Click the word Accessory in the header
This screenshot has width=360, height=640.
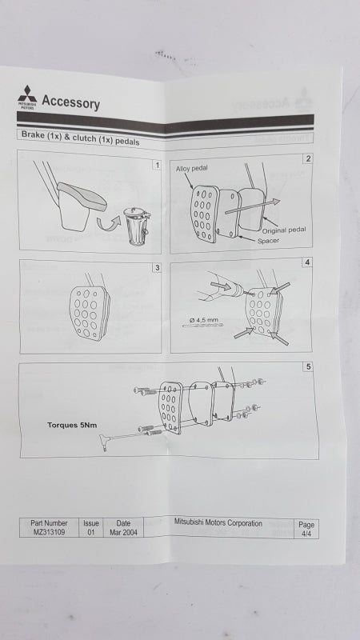click(70, 102)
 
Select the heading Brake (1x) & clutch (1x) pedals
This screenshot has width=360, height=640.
click(81, 138)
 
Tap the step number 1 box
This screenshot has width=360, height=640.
click(157, 165)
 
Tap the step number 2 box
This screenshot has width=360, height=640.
click(308, 158)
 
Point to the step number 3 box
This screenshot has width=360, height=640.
click(157, 268)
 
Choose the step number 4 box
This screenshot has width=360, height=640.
click(307, 263)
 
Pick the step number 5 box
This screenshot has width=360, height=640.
click(309, 366)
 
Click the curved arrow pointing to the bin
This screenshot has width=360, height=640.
click(109, 222)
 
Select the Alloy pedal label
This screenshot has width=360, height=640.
click(191, 169)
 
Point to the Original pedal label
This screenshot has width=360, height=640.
click(284, 230)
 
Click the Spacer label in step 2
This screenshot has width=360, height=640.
click(268, 241)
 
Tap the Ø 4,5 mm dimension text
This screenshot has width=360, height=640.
click(204, 319)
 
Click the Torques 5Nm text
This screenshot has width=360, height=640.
click(72, 425)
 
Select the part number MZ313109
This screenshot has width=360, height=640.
click(49, 532)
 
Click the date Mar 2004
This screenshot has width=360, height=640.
click(123, 532)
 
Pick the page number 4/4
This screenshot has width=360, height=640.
click(306, 534)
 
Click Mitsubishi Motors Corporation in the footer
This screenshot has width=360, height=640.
click(218, 522)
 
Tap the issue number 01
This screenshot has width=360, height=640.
click(90, 532)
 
